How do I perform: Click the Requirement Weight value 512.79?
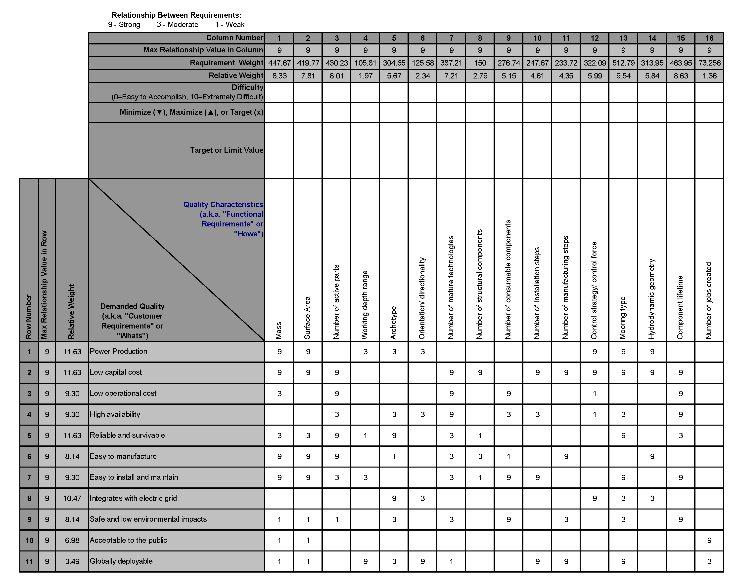pyautogui.click(x=623, y=63)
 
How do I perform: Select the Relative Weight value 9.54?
pyautogui.click(x=623, y=76)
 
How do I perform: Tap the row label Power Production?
pyautogui.click(x=118, y=351)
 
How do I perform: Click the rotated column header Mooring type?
pyautogui.click(x=623, y=318)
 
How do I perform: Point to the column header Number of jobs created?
pyautogui.click(x=709, y=300)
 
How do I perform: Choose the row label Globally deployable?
pyautogui.click(x=121, y=561)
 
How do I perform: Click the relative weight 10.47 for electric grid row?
pyautogui.click(x=72, y=498)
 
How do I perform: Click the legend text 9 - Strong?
pyautogui.click(x=124, y=25)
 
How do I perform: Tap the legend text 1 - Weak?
pyautogui.click(x=230, y=25)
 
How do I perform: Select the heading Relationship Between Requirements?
pyautogui.click(x=176, y=15)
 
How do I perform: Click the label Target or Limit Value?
pyautogui.click(x=227, y=150)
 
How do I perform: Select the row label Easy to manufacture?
pyautogui.click(x=123, y=456)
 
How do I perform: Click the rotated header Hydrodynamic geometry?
pyautogui.click(x=651, y=299)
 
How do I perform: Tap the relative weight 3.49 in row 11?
pyautogui.click(x=72, y=561)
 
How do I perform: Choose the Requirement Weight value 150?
pyautogui.click(x=480, y=63)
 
